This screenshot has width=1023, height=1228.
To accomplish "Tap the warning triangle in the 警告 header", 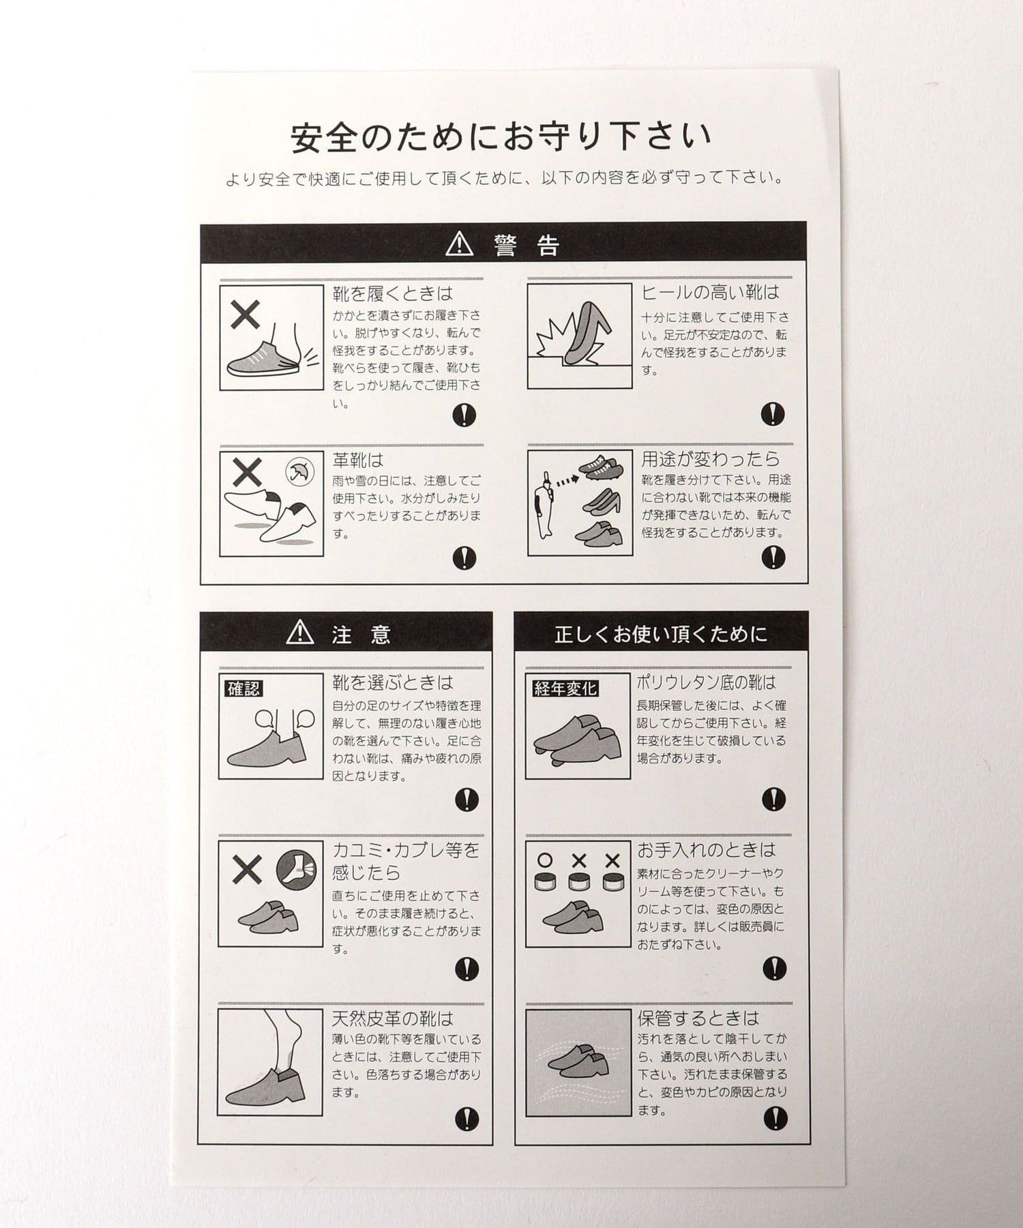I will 459,244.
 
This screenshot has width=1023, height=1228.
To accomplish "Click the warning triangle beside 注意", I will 300,632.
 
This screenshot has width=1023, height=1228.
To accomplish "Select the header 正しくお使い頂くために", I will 660,634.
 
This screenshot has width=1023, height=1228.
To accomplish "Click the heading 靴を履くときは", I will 392,294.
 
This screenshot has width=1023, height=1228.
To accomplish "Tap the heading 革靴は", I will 357,460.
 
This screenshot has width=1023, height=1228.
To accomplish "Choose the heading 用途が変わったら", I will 709,458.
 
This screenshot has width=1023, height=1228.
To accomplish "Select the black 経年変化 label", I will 565,688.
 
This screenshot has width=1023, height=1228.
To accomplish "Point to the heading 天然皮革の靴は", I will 392,1019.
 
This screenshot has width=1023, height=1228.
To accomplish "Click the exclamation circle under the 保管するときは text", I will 775,1117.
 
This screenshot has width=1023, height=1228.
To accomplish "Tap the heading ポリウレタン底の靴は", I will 707,682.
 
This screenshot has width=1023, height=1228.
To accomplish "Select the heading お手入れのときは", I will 707,849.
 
